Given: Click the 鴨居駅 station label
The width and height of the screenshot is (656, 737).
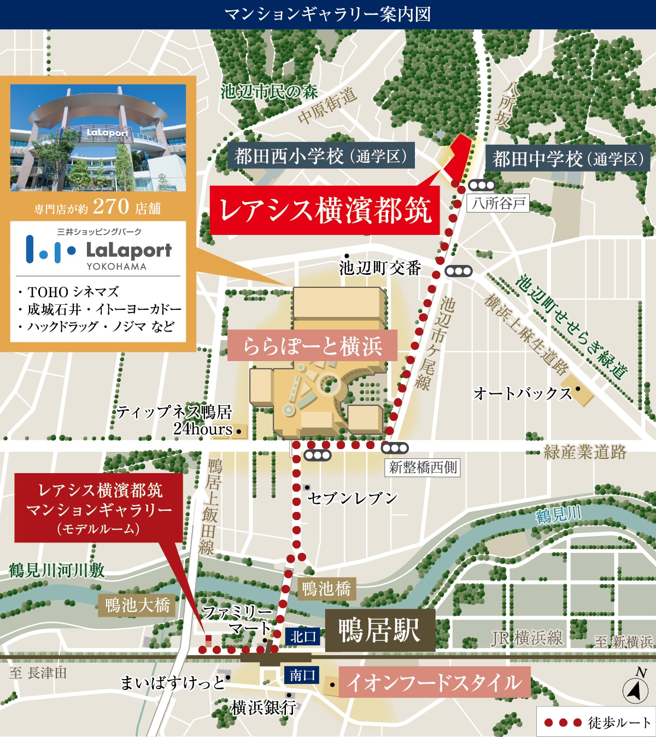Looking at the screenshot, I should coord(380,630).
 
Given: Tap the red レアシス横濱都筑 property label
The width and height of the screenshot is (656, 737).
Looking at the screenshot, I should coord(325,210).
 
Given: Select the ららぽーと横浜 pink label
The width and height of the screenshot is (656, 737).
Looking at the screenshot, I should coord(312,346).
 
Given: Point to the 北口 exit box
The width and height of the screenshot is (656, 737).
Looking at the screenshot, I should coord(303,636).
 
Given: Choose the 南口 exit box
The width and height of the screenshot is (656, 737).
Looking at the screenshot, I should coord(302,675).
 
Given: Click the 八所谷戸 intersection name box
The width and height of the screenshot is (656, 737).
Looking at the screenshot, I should coord(498,204).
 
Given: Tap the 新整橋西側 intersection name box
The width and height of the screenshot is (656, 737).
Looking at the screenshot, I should coord(423,467).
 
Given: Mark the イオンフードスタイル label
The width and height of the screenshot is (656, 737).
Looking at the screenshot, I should coord(434,682).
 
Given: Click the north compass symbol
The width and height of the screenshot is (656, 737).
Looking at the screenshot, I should coord(635,689).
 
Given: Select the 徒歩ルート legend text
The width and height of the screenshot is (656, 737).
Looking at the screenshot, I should coord(619,723).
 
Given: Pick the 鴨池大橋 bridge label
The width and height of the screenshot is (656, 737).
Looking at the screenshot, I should coord(137,605).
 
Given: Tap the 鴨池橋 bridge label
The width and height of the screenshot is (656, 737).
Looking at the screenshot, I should coord(326,589).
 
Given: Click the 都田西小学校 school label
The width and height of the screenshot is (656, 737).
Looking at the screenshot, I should coord(321,156).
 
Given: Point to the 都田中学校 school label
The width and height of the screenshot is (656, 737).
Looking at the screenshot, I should coord(567,159).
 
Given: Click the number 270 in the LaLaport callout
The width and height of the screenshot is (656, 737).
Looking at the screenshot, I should coord(111,207).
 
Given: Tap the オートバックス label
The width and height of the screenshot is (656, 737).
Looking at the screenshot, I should coord(522,393).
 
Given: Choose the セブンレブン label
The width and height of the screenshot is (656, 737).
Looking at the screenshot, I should coord(352,498).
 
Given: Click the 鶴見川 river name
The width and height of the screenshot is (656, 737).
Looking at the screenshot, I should coord(558,515).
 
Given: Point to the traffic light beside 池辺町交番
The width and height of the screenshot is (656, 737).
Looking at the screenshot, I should coord(458,271).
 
